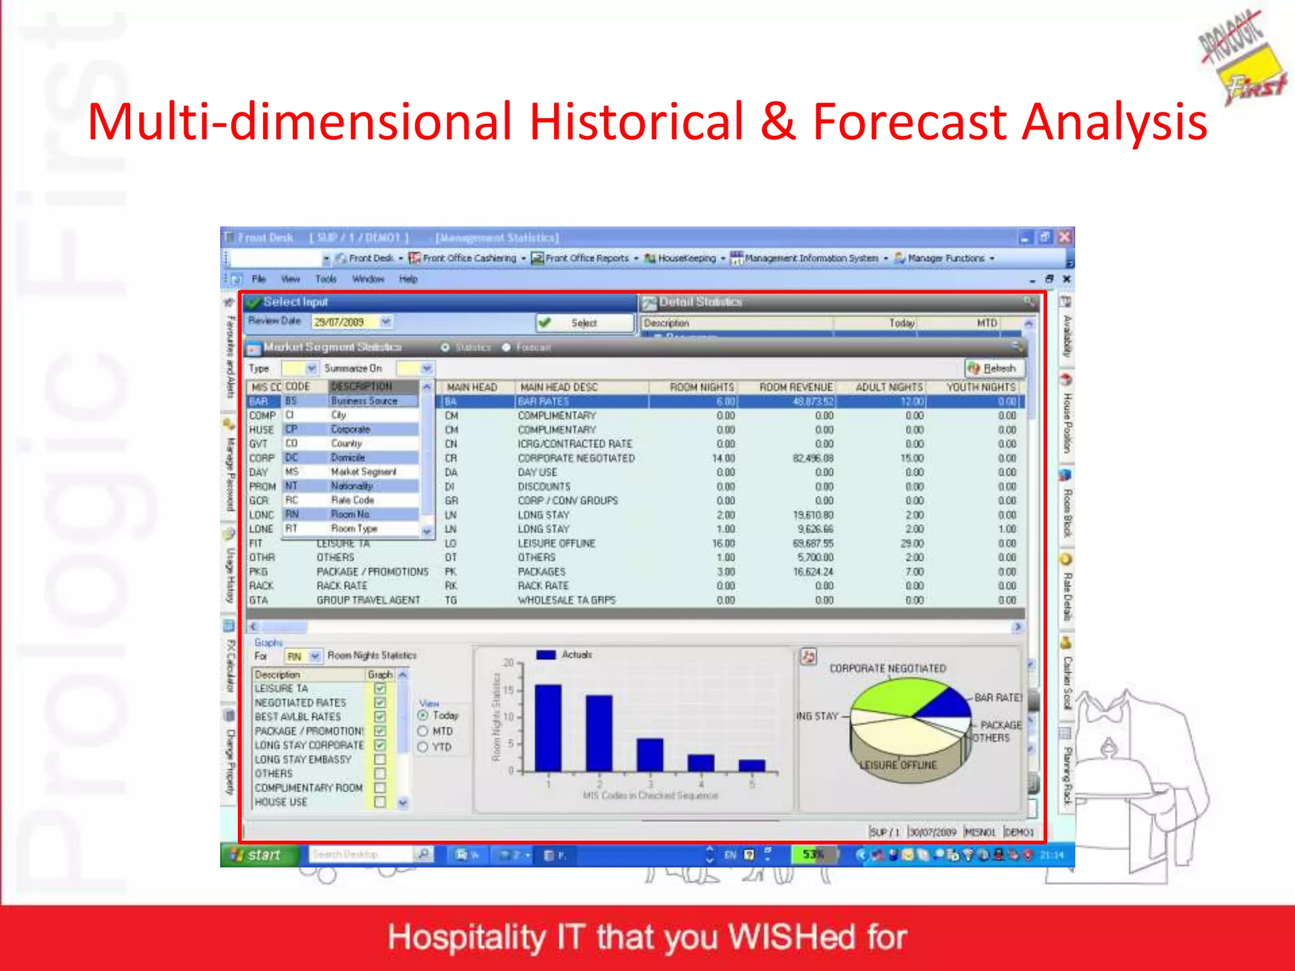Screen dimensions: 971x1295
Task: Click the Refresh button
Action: tap(995, 369)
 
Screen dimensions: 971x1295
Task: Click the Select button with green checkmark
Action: tap(584, 323)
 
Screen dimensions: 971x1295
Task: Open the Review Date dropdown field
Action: tap(386, 322)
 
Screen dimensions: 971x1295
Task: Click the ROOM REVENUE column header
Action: tap(795, 387)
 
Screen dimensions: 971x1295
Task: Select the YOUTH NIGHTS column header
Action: tap(980, 387)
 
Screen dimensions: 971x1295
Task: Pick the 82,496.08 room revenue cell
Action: tap(813, 458)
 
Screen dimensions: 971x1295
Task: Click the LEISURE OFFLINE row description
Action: tap(556, 544)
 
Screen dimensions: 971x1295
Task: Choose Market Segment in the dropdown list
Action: tap(363, 472)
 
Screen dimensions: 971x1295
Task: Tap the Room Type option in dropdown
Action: tap(353, 528)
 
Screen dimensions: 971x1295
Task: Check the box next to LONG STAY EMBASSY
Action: tap(380, 759)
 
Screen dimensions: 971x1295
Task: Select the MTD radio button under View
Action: tap(423, 731)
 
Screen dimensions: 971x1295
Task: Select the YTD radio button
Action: tap(423, 747)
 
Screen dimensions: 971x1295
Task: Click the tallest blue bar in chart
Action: tap(548, 727)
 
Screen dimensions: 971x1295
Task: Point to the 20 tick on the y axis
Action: tap(508, 663)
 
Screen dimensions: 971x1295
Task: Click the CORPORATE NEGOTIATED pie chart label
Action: tap(887, 668)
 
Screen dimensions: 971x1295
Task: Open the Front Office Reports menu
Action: tap(586, 258)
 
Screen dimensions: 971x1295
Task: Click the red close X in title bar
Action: tap(1064, 237)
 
